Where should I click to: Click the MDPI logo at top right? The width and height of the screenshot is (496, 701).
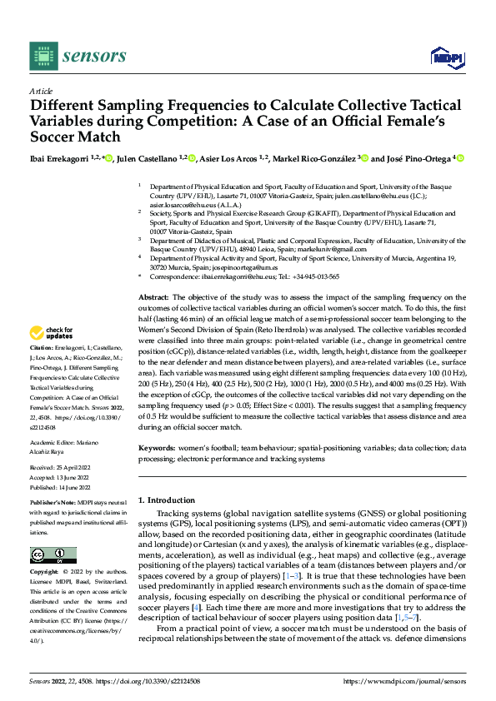(445, 56)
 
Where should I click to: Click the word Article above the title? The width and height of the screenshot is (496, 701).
(41, 91)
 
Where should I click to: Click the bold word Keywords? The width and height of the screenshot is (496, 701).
(156, 447)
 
